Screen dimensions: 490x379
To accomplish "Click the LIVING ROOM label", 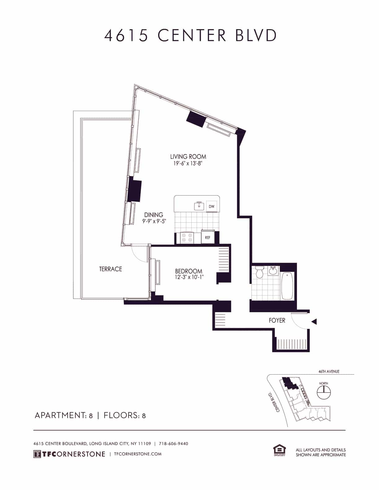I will tap(188, 157).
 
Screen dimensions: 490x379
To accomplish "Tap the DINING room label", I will tap(154, 215).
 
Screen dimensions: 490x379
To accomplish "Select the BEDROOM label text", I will tap(189, 271).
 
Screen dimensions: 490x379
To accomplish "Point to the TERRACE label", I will tap(111, 269).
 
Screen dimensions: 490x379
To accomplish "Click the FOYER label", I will tap(277, 320).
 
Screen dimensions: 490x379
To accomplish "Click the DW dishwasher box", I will tap(212, 206).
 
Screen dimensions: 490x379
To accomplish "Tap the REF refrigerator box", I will tap(207, 238).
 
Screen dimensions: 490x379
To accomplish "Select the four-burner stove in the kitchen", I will tap(187, 238).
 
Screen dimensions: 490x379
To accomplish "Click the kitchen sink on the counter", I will tap(199, 206).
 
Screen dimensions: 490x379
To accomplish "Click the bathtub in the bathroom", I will tap(288, 286).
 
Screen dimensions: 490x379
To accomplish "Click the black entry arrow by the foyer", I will tap(314, 322).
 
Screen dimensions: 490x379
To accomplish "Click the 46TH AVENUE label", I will tap(329, 372).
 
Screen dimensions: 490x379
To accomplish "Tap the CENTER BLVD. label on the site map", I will tap(273, 402).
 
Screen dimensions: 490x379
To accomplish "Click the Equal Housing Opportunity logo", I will tap(279, 451).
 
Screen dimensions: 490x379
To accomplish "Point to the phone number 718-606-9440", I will tap(173, 444).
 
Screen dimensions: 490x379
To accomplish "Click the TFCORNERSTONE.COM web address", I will tap(138, 454).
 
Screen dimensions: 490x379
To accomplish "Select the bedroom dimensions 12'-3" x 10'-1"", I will tap(189, 277).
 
